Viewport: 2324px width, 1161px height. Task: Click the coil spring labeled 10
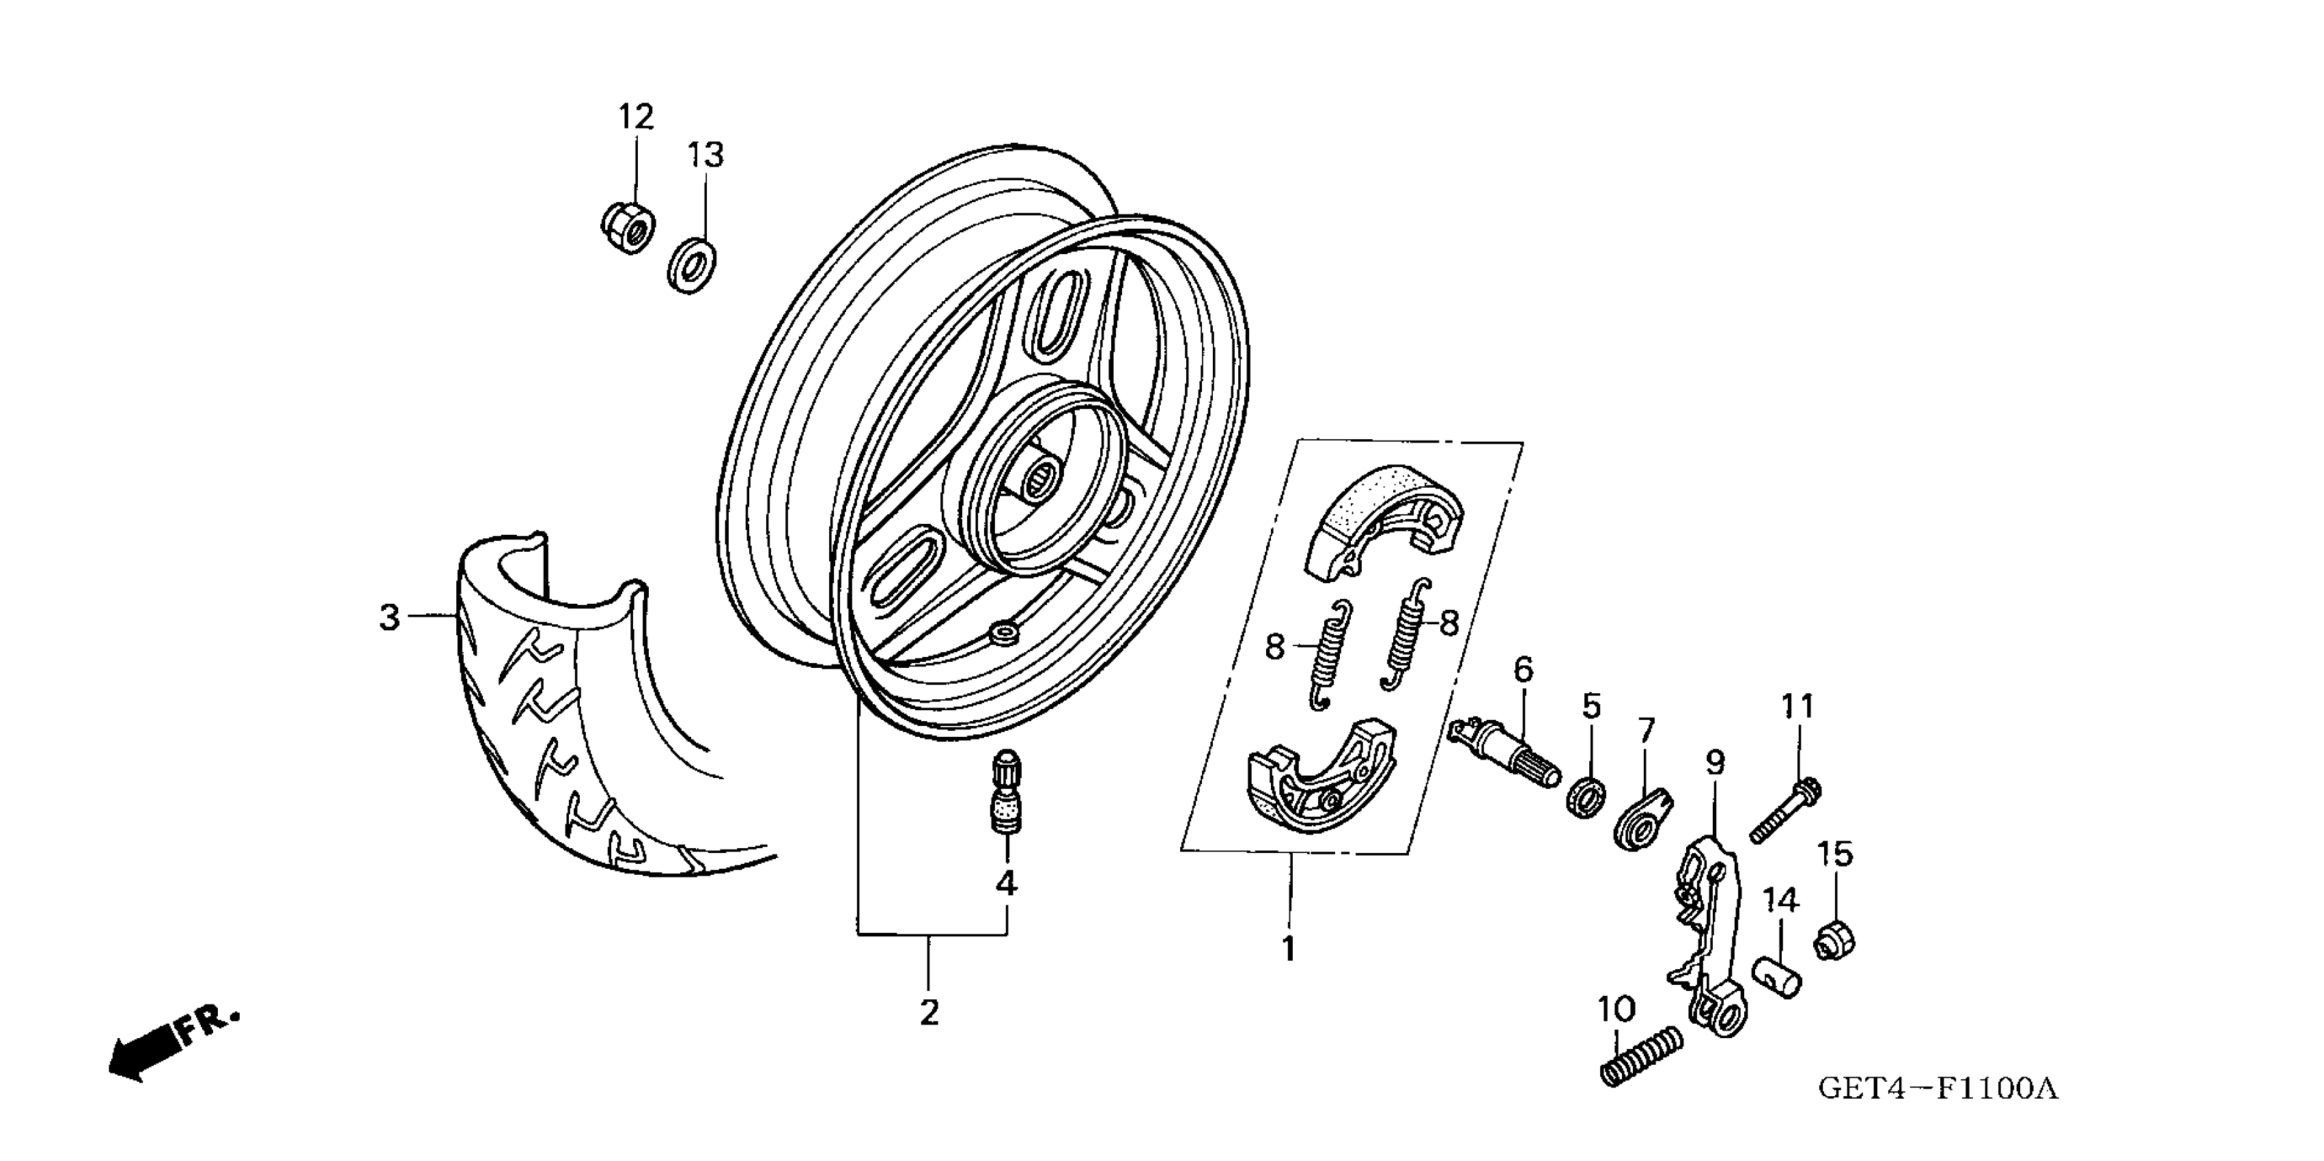click(x=1641, y=1055)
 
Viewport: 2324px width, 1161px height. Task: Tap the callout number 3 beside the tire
click(x=389, y=618)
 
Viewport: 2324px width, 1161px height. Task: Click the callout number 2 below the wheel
click(x=929, y=1011)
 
